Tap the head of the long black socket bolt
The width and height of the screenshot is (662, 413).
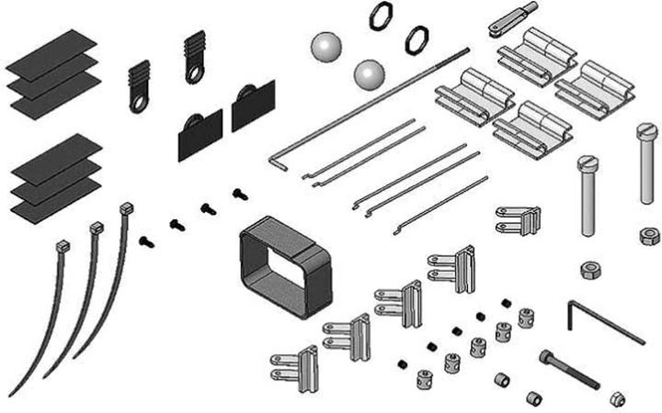(549, 356)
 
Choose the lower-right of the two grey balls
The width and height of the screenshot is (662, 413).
(369, 73)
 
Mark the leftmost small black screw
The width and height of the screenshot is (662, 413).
(144, 240)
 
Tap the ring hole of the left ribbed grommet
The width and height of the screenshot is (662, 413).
(138, 101)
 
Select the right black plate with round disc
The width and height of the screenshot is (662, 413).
(253, 106)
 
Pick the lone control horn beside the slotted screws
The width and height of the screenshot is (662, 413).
(517, 218)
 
